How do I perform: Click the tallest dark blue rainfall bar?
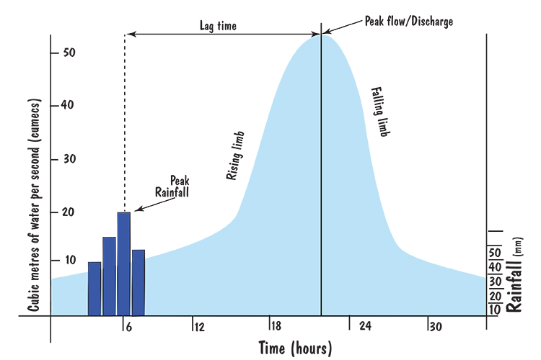123,264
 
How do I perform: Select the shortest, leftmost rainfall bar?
94,288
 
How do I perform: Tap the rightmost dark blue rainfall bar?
138,282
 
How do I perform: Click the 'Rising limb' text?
236,156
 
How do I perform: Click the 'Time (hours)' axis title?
295,348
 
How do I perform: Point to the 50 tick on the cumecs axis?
69,53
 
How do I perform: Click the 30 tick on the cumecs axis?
69,159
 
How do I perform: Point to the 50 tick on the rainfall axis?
496,253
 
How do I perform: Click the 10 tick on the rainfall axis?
496,309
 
